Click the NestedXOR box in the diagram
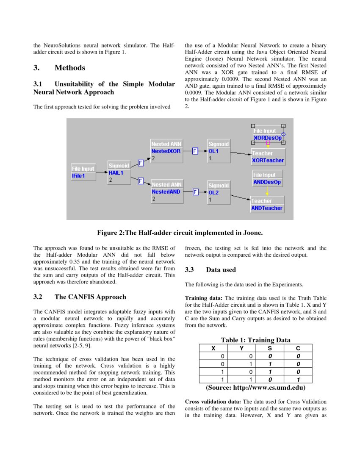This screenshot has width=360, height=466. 166,151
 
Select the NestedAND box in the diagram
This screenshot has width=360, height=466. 166,191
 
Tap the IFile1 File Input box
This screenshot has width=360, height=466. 83,172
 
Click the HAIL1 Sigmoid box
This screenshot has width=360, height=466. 119,173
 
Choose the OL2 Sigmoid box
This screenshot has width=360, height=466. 219,192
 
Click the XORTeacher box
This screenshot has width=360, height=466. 268,157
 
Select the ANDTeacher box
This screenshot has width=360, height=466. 267,205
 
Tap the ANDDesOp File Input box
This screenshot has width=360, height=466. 267,178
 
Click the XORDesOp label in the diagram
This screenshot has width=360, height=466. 267,138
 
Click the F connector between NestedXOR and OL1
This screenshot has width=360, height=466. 195,151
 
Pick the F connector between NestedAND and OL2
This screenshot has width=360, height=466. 195,192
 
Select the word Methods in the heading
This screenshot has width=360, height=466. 70,68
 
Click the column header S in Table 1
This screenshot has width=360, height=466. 270,348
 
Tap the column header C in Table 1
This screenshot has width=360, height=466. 298,348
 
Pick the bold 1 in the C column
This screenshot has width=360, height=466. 298,379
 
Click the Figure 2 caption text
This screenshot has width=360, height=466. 180,233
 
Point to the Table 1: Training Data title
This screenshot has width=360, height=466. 255,340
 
